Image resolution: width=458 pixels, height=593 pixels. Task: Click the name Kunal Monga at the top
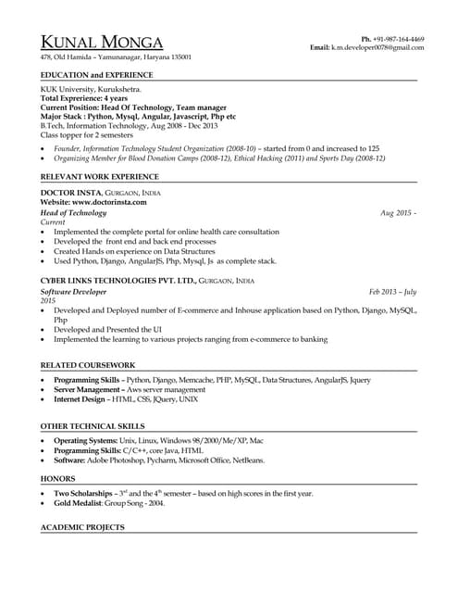point(102,43)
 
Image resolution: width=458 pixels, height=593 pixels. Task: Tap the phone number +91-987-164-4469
point(399,38)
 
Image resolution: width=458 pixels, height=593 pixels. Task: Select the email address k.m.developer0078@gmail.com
point(378,46)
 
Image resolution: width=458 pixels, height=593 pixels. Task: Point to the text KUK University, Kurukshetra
point(91,89)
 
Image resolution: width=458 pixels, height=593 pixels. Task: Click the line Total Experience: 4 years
point(83,97)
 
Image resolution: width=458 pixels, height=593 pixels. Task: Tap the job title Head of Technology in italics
point(74,213)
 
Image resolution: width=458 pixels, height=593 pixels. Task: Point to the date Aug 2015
point(398,213)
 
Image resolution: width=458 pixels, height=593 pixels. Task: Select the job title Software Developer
point(73,291)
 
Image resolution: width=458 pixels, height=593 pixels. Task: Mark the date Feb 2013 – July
point(392,291)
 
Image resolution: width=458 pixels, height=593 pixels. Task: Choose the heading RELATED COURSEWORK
point(88,364)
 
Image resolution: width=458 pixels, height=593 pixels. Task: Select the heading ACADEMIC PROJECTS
point(83,527)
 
